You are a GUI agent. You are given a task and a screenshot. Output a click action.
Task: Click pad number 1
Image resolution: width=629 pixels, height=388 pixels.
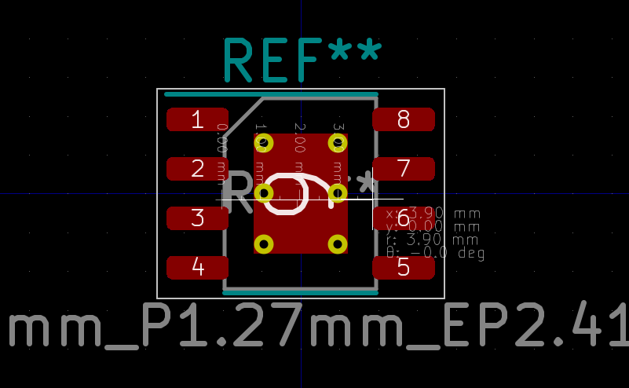tap(197, 119)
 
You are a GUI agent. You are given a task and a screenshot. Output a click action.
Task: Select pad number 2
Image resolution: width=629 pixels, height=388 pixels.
tap(197, 169)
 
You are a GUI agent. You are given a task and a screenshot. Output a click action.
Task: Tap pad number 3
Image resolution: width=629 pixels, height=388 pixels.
tap(197, 218)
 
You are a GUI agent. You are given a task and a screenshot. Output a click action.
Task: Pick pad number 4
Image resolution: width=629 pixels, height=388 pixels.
tap(197, 268)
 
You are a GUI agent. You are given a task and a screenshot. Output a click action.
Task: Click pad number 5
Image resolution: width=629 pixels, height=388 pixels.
tap(403, 268)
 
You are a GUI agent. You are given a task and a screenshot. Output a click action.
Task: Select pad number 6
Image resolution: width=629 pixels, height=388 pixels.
tap(403, 218)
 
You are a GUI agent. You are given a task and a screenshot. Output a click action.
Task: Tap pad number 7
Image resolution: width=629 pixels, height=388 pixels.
tap(403, 169)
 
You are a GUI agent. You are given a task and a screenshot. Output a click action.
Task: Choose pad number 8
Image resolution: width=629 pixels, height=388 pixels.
tap(403, 119)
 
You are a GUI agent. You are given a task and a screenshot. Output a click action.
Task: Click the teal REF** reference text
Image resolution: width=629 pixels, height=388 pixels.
tap(302, 60)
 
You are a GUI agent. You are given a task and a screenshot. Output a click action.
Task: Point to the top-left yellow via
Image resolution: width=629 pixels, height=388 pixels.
tap(264, 143)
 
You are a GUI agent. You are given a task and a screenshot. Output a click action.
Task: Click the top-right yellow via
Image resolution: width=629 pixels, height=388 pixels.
tap(338, 143)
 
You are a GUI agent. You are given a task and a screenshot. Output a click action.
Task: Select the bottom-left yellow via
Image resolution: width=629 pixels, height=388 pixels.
tap(264, 244)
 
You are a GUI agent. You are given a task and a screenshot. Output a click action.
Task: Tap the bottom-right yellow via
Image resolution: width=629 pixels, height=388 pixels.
tap(338, 244)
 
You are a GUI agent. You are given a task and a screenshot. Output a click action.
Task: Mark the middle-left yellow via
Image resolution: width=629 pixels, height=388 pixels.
tap(264, 193)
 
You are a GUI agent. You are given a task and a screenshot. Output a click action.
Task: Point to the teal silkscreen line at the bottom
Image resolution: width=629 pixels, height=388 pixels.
tap(300, 293)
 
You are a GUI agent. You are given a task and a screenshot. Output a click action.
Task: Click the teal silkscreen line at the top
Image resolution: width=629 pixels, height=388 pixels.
tap(271, 94)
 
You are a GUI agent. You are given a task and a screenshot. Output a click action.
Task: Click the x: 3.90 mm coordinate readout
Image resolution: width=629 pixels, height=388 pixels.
tap(433, 214)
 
